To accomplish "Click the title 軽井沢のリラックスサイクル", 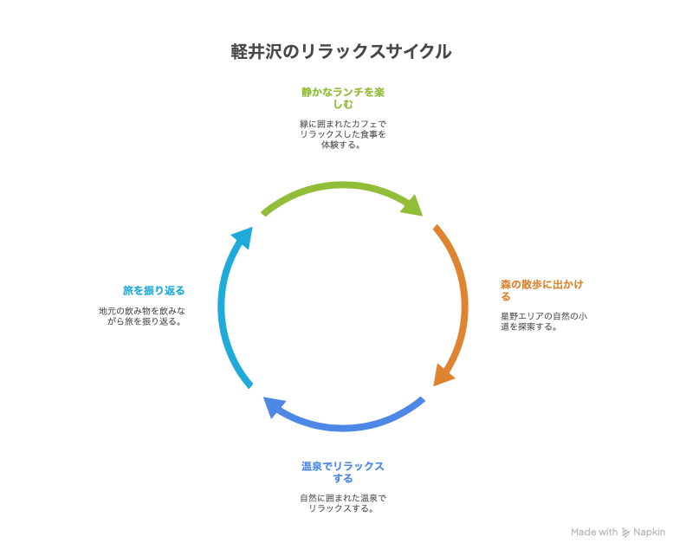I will [341, 52].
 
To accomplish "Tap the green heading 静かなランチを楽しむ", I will [343, 97].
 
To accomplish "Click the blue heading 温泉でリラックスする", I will [343, 472].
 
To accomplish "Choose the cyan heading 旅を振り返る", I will [153, 290].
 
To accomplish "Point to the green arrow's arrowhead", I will [415, 205].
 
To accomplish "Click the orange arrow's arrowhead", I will [443, 374].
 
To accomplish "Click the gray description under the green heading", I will [343, 134].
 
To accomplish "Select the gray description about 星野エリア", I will [543, 321].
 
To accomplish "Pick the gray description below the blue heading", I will [343, 503].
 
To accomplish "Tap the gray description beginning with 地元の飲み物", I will [143, 315].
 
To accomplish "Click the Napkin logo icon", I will [625, 532].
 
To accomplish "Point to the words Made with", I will [594, 532].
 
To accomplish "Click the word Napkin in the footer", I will [649, 532].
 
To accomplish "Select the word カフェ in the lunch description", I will [362, 124].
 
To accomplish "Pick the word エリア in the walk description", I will [531, 316].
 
